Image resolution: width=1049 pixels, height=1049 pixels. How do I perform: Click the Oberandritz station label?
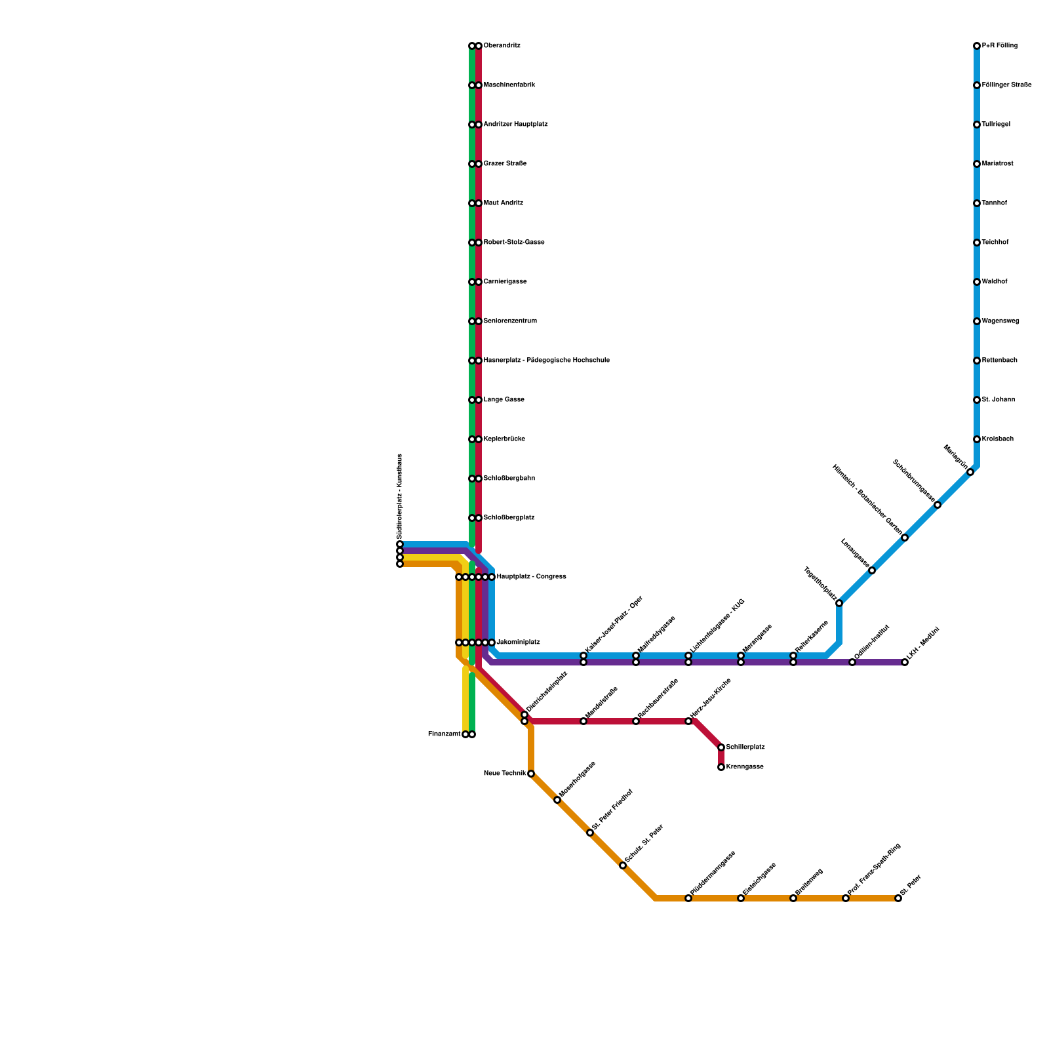pos(502,46)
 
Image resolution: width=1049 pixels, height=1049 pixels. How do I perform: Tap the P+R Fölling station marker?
pos(977,46)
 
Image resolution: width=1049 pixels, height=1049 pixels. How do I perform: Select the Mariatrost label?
pos(997,164)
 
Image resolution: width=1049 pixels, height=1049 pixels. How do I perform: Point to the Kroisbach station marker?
pos(977,439)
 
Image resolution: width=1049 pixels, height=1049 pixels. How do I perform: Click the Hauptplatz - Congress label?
pos(531,577)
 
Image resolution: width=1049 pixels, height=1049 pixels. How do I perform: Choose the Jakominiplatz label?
pos(518,643)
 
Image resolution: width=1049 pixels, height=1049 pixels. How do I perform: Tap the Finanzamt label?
pos(444,734)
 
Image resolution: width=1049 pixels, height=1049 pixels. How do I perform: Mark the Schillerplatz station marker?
pos(721,747)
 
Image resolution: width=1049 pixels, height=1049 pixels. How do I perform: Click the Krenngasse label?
pos(745,767)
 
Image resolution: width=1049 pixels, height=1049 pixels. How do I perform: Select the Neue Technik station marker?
pos(531,774)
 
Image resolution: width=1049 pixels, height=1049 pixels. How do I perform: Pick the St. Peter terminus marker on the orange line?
pos(898,898)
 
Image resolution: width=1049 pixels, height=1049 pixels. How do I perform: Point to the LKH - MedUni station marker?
pos(905,662)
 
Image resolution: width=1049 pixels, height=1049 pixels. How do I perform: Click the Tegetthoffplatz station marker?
pos(839,603)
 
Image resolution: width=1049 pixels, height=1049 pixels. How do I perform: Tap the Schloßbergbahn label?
pos(509,479)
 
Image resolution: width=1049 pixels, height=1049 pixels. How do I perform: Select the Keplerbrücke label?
pos(504,439)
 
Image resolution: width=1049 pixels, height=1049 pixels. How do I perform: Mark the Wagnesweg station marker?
pos(977,321)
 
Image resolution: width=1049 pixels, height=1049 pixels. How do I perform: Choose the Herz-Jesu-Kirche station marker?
pos(688,721)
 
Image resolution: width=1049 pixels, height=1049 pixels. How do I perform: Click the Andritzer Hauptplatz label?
pos(515,125)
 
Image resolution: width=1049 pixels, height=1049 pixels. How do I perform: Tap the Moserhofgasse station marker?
pos(557,800)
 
